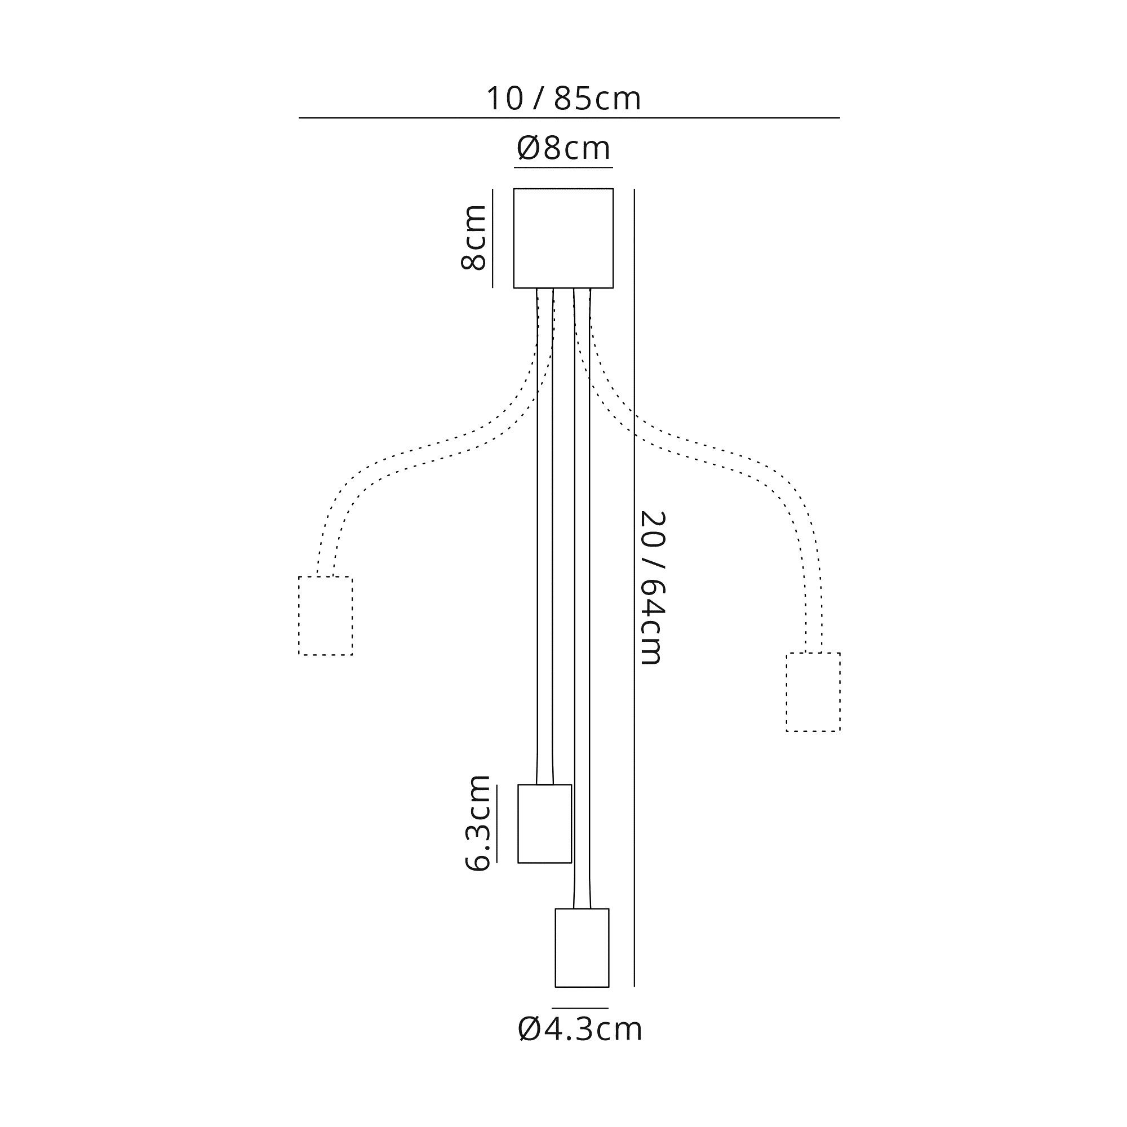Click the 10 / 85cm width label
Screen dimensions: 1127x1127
pyautogui.click(x=563, y=98)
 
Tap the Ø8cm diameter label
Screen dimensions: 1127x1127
pyautogui.click(x=563, y=148)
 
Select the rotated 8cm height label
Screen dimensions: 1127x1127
pyautogui.click(x=473, y=237)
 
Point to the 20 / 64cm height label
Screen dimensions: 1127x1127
pyautogui.click(x=652, y=588)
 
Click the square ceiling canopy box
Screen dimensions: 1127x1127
pyautogui.click(x=563, y=238)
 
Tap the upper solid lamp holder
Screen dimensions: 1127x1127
pyautogui.click(x=545, y=824)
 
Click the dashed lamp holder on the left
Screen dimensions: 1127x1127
pyautogui.click(x=326, y=616)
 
